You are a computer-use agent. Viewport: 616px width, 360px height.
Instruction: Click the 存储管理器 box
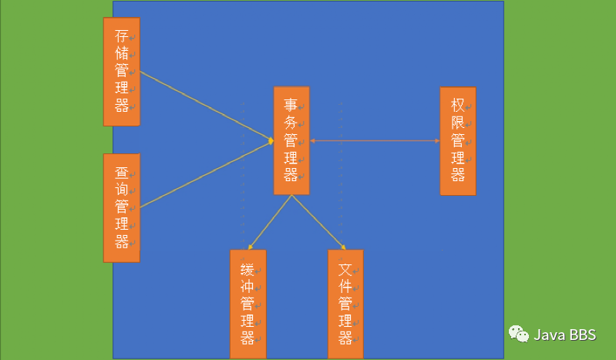coord(122,71)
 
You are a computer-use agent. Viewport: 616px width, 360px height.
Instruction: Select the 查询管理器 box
coord(122,207)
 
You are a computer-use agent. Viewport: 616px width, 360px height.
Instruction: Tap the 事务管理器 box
coord(291,140)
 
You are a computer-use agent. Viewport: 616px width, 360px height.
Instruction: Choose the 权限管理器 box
coord(458,140)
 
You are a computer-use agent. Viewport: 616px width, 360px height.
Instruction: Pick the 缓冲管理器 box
coord(247,304)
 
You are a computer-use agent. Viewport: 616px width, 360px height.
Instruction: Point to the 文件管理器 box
coord(345,304)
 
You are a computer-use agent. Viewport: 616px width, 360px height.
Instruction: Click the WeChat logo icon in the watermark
coord(518,334)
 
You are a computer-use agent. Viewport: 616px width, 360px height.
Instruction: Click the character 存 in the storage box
coord(122,36)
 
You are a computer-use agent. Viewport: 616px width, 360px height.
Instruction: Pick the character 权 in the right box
coord(457,106)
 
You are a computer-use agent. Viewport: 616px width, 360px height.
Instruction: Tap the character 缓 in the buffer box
coord(247,269)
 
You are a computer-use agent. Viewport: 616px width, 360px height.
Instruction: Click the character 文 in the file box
coord(345,269)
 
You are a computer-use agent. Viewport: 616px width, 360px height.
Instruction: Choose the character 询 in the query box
coord(122,190)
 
